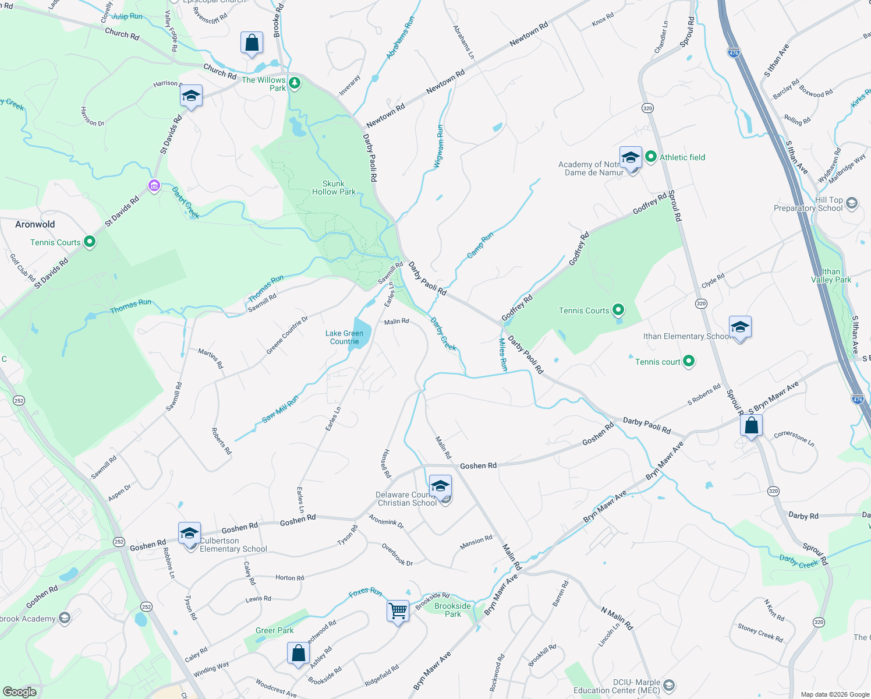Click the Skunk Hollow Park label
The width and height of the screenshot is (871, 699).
[x=334, y=188]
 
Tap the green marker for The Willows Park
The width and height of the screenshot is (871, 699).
[x=295, y=83]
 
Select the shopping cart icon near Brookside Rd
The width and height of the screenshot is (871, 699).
[x=398, y=611]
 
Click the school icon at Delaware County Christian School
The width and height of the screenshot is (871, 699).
[x=440, y=486]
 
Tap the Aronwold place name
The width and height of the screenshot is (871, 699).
[x=35, y=224]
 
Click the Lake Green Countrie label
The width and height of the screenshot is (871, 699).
[x=344, y=337]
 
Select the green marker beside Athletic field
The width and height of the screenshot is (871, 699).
[x=651, y=157]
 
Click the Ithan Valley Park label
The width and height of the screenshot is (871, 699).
[x=831, y=276]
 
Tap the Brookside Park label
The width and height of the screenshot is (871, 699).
[x=452, y=610]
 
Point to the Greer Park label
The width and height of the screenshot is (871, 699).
[x=275, y=630]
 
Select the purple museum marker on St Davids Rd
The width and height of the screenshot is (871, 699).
[x=154, y=186]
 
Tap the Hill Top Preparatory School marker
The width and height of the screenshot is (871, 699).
[x=851, y=203]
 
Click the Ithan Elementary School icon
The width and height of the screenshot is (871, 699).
[x=740, y=327]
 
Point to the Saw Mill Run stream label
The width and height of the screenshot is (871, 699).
[x=280, y=409]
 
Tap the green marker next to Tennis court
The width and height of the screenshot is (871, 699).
[x=689, y=362]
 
